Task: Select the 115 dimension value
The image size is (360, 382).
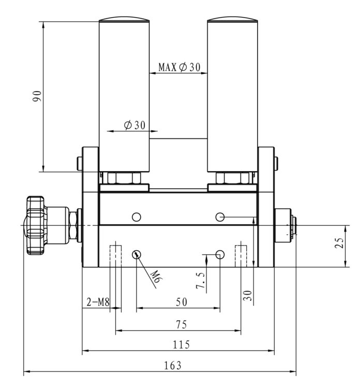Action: coord(181,344)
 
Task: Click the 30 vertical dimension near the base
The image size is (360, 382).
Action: coord(247,295)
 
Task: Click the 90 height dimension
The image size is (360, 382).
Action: coord(37,96)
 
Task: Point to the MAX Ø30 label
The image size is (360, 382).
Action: coord(179,67)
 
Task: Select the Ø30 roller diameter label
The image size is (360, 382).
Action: coord(134,125)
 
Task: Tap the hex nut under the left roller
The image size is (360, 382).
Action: coord(124,178)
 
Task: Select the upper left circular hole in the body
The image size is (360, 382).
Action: coord(137,217)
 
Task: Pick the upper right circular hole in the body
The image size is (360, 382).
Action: coord(220,217)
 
